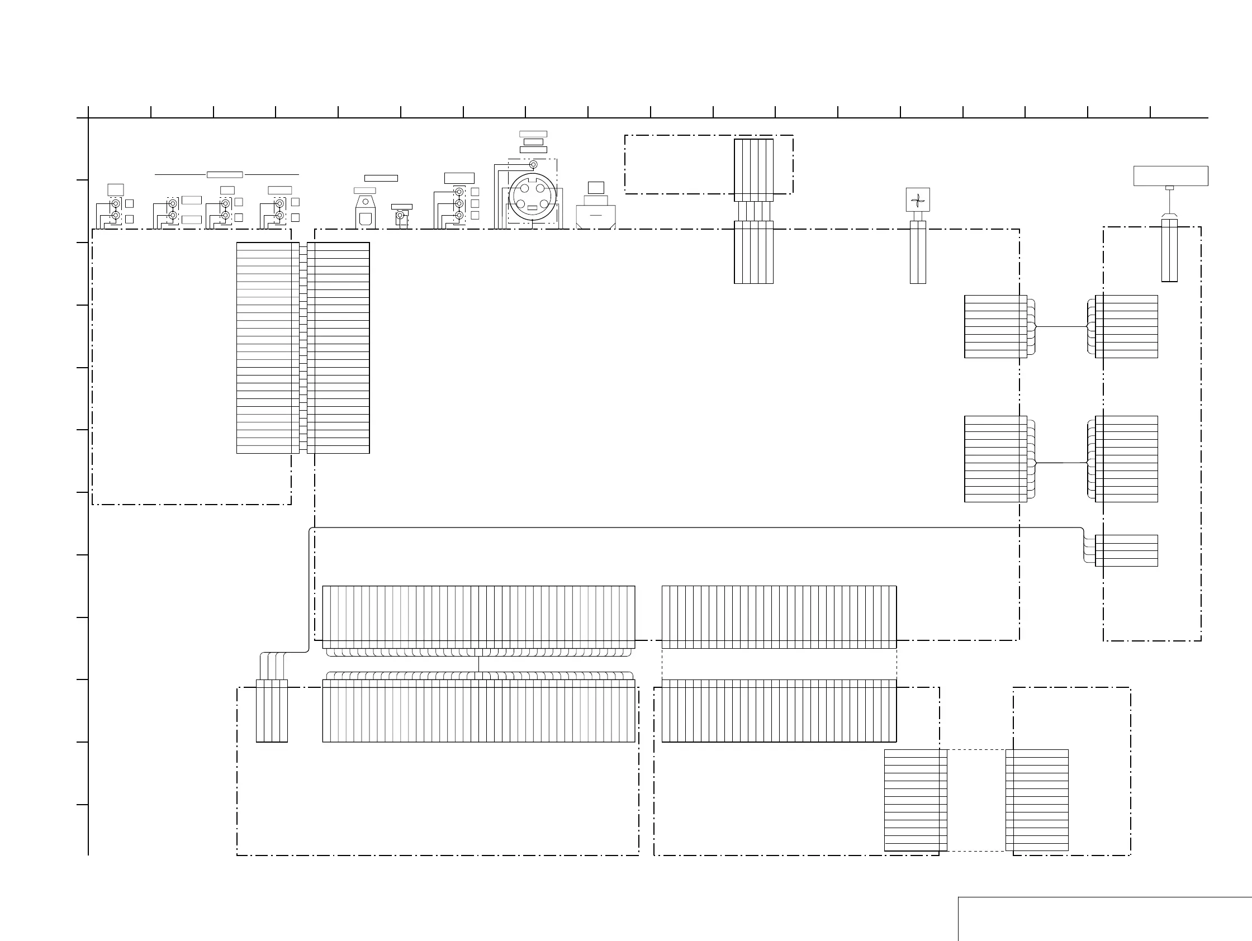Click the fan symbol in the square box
(x=918, y=199)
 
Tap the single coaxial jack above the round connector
(x=533, y=165)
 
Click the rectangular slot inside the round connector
(x=532, y=208)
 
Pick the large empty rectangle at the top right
(x=1170, y=175)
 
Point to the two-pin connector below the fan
(x=918, y=253)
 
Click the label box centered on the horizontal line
(x=225, y=175)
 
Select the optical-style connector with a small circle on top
(x=365, y=213)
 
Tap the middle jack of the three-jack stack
(x=459, y=204)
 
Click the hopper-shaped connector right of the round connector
(x=595, y=216)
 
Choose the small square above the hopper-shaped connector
(x=596, y=187)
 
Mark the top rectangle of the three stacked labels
(x=533, y=134)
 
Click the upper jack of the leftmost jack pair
(x=116, y=204)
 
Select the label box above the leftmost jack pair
(x=116, y=189)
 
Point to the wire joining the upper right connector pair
(x=1061, y=326)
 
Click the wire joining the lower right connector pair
(x=1061, y=463)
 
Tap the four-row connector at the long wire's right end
(x=1126, y=550)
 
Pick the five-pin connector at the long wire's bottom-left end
(x=272, y=711)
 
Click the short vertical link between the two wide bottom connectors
(x=478, y=664)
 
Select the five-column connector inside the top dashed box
(x=753, y=170)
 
